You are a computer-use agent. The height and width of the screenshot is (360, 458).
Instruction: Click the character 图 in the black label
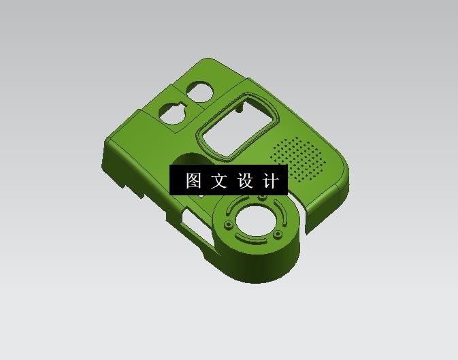click(x=193, y=180)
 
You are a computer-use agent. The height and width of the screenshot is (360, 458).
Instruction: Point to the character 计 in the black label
click(x=270, y=180)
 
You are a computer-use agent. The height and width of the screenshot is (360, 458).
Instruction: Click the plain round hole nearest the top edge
click(x=200, y=91)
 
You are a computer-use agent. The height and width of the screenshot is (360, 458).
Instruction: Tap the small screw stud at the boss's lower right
click(x=277, y=234)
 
